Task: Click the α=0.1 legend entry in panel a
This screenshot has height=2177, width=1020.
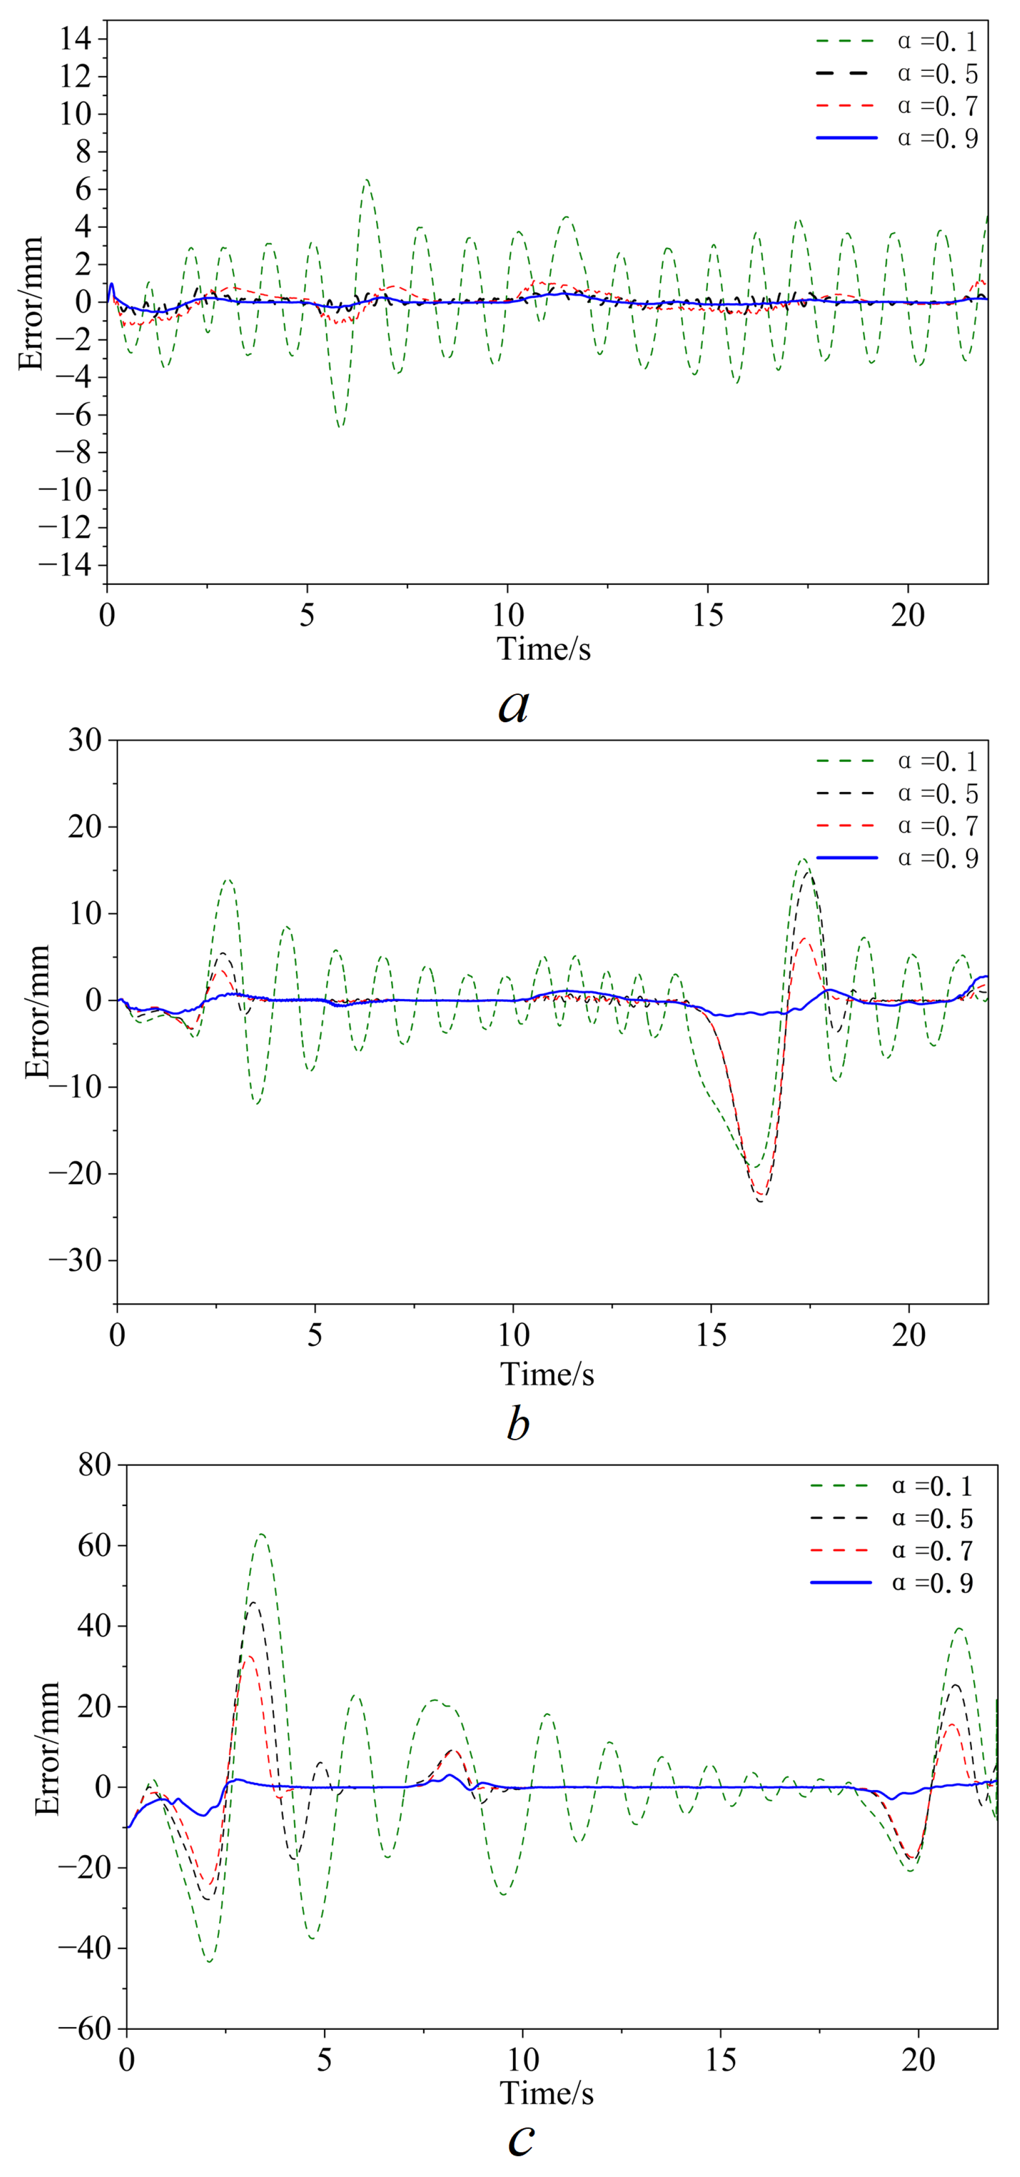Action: pyautogui.click(x=896, y=41)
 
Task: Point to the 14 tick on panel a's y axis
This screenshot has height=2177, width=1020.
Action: pyautogui.click(x=77, y=39)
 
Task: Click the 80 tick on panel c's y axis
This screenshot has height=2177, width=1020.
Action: pyautogui.click(x=94, y=1465)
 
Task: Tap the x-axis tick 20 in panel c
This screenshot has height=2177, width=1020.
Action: pyautogui.click(x=918, y=2060)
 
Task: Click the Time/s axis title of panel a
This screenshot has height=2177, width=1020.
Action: pyautogui.click(x=544, y=649)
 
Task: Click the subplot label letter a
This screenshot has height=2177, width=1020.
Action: pyautogui.click(x=514, y=705)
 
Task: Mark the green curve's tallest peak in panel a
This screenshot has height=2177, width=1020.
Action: pyautogui.click(x=366, y=180)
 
